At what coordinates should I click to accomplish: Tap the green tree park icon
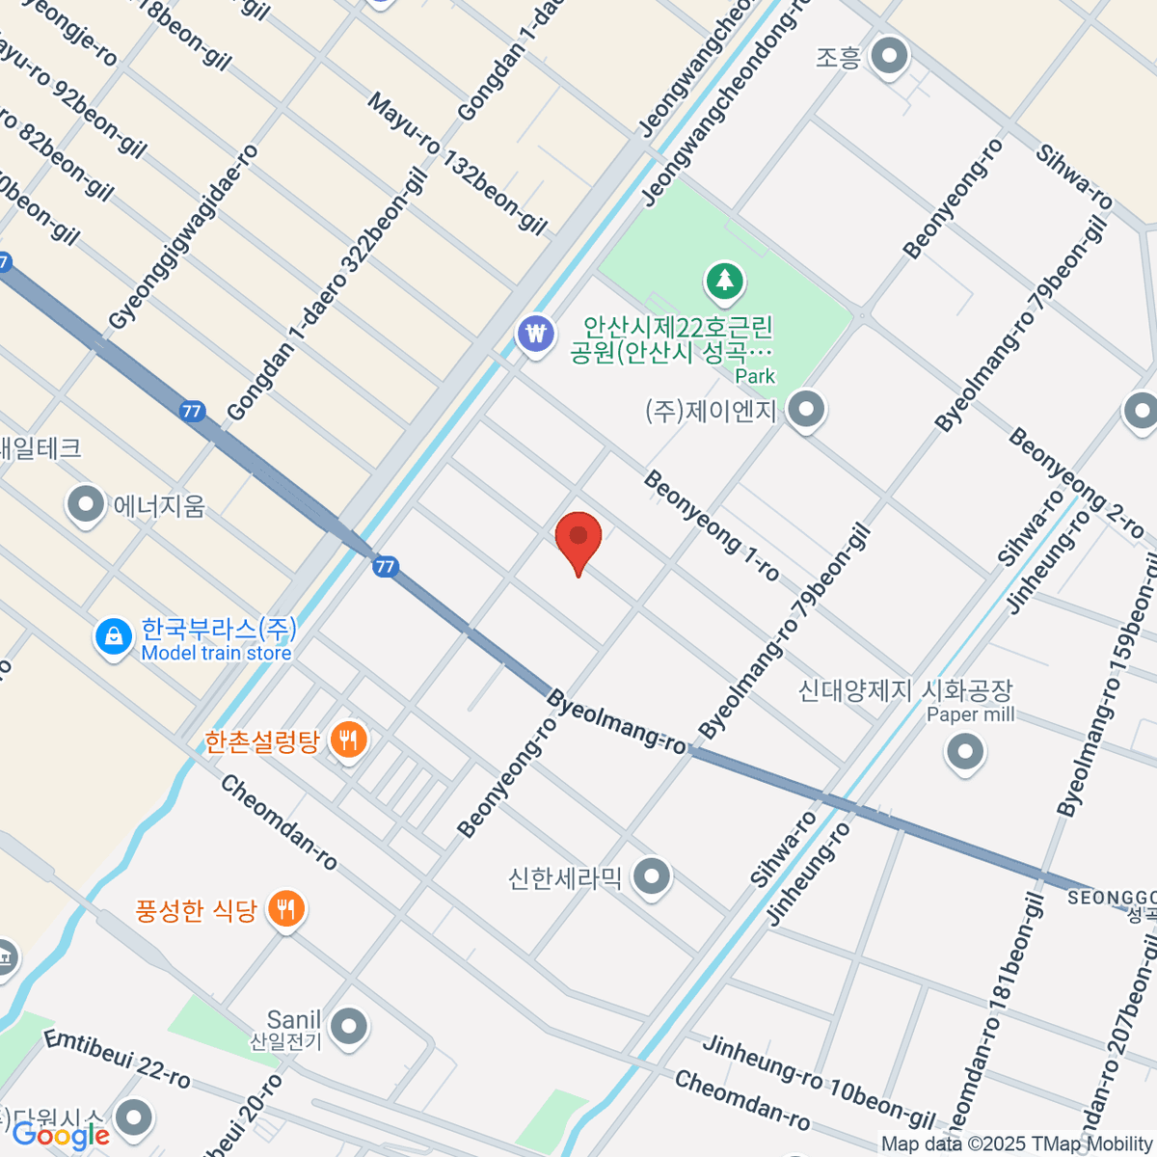pos(725,282)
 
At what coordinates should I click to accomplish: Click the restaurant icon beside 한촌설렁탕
pos(348,740)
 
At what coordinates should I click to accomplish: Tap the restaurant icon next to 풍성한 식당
pos(285,908)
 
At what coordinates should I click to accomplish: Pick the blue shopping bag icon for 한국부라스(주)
pos(114,636)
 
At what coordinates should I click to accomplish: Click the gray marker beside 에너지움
pos(86,504)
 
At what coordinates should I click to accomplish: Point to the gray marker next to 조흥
pos(888,57)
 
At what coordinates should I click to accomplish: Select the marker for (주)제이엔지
pos(805,410)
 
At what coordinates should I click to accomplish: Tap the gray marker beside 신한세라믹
pos(653,877)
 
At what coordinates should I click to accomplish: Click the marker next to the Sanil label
pos(348,1026)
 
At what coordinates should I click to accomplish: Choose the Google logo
pos(60,1136)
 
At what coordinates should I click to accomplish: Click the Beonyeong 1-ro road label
pos(712,526)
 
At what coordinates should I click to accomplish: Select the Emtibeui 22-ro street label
pos(118,1059)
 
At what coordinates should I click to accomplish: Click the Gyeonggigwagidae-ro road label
pos(183,237)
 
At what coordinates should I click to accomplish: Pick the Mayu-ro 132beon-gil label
pos(457,164)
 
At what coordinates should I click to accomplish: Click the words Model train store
pos(216,653)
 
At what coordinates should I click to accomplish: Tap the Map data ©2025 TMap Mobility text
pos(1016,1144)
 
